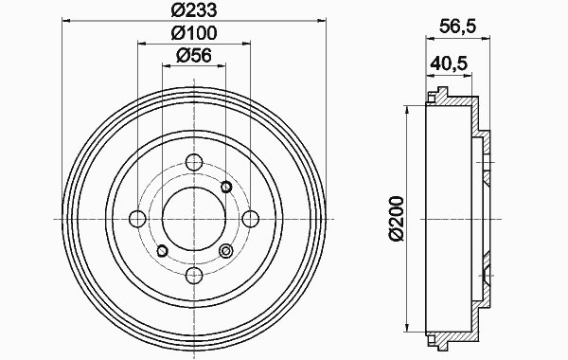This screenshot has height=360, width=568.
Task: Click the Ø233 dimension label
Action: click(x=194, y=9)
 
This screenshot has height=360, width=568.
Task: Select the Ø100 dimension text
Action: click(x=194, y=33)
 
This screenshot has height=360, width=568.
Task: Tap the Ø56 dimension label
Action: click(x=194, y=56)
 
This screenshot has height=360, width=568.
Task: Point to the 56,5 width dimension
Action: click(x=457, y=27)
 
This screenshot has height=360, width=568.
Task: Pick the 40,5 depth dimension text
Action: click(x=449, y=63)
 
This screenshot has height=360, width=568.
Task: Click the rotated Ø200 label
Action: click(x=396, y=219)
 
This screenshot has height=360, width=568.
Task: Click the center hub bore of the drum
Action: click(x=194, y=219)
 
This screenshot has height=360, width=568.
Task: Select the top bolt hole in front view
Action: click(x=194, y=162)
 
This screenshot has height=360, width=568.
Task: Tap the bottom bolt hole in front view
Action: click(x=194, y=276)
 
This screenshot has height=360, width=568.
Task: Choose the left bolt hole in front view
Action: click(x=137, y=219)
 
